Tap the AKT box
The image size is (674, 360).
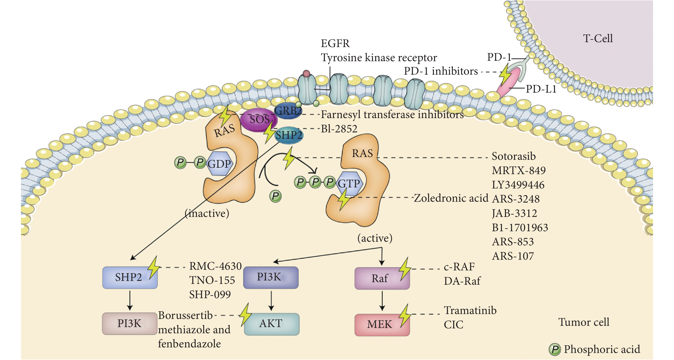tap(272, 324)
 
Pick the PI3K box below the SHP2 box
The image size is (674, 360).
tap(129, 323)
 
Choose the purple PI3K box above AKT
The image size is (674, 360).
tap(270, 277)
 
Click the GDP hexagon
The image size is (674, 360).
tap(219, 164)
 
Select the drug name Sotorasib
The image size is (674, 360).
tap(514, 156)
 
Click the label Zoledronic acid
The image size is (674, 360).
tap(451, 198)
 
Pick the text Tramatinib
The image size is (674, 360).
tap(470, 310)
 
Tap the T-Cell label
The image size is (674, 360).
tap(598, 39)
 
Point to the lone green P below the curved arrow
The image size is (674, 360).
tap(275, 196)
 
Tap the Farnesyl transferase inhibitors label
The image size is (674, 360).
tap(392, 114)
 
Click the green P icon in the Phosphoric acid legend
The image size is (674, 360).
tap(554, 350)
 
